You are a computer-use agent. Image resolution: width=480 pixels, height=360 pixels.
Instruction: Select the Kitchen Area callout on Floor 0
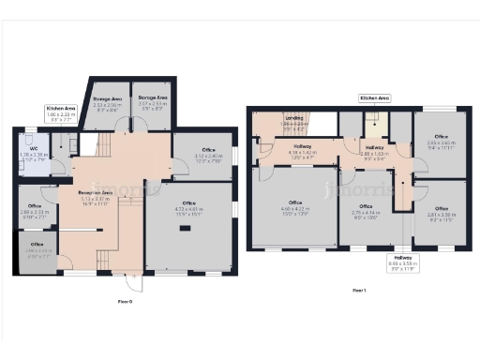point(61,113)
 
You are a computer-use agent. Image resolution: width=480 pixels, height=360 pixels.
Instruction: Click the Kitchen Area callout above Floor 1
point(375,97)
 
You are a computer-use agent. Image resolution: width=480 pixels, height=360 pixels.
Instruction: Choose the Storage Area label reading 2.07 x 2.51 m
point(151,102)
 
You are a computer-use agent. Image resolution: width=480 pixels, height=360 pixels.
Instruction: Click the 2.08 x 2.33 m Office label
point(35,209)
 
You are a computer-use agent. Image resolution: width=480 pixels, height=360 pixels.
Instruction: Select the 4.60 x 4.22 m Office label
point(294,206)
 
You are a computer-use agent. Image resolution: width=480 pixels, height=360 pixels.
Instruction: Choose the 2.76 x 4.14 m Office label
point(365,206)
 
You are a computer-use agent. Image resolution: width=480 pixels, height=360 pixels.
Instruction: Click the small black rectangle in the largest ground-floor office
point(184,228)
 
